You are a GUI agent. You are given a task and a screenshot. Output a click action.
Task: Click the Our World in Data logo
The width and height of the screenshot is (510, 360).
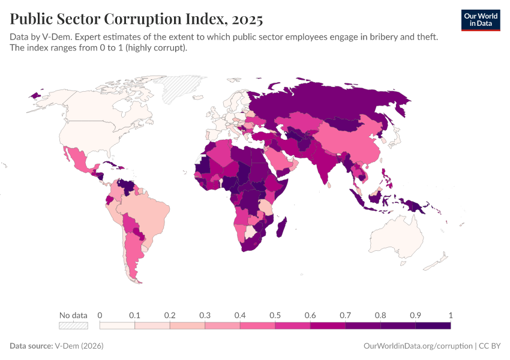click(x=481, y=20)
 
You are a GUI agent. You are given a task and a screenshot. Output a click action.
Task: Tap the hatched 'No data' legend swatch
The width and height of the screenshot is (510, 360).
click(x=73, y=325)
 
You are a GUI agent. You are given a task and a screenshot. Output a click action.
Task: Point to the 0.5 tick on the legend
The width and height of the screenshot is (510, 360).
click(x=275, y=315)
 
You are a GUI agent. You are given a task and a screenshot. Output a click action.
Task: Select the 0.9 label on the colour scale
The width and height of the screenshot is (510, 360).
click(x=415, y=315)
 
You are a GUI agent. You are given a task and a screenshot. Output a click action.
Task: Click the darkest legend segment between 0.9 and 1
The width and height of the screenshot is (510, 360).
click(x=433, y=325)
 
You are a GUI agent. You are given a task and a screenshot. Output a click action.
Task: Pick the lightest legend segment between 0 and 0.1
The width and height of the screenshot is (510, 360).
click(x=117, y=325)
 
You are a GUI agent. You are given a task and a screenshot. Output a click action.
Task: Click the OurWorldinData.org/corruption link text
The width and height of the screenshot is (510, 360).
click(x=418, y=346)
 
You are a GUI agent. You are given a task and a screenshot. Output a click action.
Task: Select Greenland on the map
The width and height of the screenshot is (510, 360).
click(x=185, y=87)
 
